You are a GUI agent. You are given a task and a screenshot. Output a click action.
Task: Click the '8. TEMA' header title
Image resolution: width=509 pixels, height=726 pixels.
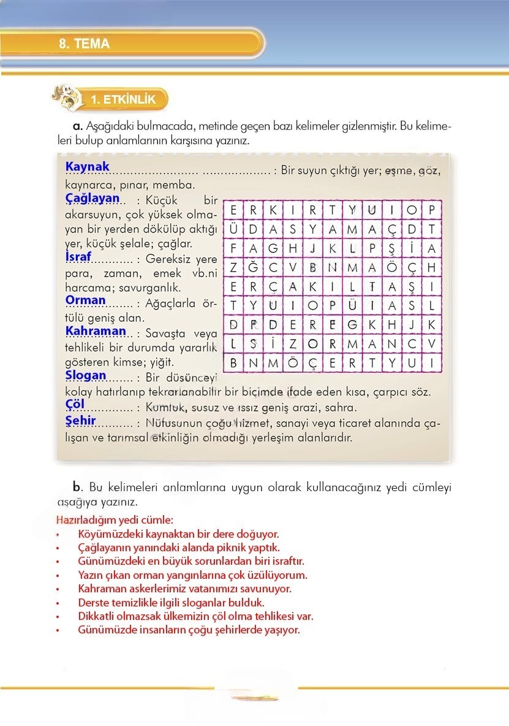click(x=85, y=44)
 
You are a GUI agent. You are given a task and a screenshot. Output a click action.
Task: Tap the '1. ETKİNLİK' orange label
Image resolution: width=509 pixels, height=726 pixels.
click(x=123, y=99)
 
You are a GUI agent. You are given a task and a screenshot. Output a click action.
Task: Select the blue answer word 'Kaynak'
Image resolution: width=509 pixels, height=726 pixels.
click(x=87, y=166)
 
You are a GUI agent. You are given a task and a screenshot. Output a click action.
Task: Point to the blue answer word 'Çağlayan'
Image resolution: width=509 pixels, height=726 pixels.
click(x=92, y=197)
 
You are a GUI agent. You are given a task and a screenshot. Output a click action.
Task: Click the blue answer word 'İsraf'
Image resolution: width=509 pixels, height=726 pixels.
click(x=78, y=256)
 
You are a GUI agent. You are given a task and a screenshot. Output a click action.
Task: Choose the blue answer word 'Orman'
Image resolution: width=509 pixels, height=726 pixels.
click(x=86, y=300)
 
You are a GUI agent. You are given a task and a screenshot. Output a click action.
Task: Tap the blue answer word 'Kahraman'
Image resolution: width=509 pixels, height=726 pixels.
click(x=96, y=331)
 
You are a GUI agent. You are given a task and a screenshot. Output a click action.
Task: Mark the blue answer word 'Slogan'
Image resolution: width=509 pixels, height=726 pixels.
click(x=86, y=375)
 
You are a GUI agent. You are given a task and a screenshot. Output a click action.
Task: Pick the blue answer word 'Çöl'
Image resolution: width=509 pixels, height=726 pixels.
click(x=75, y=404)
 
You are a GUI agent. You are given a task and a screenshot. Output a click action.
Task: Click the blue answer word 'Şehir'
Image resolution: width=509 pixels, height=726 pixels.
click(x=80, y=420)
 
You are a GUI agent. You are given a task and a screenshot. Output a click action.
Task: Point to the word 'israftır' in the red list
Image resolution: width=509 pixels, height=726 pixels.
click(x=285, y=561)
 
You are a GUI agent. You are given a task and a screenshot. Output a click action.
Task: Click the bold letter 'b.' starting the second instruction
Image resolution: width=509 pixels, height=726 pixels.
click(x=77, y=487)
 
